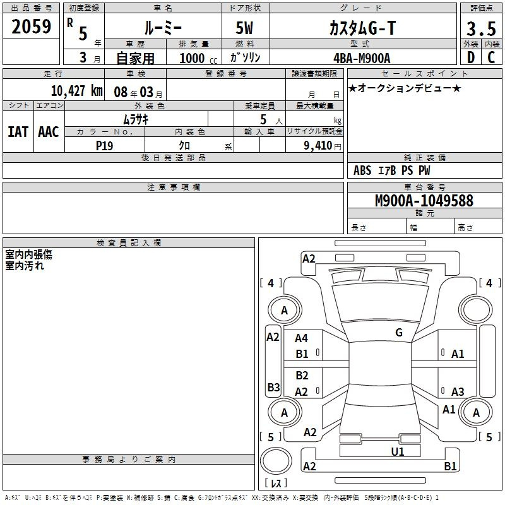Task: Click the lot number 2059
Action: tap(31, 27)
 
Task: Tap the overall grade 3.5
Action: tap(481, 28)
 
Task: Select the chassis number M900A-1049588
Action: tap(424, 200)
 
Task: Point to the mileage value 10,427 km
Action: tap(77, 91)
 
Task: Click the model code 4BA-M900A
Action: tap(362, 58)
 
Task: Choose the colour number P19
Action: tap(104, 146)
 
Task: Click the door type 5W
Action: tap(244, 28)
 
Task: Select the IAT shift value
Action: tap(18, 132)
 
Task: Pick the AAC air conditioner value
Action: tap(49, 132)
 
